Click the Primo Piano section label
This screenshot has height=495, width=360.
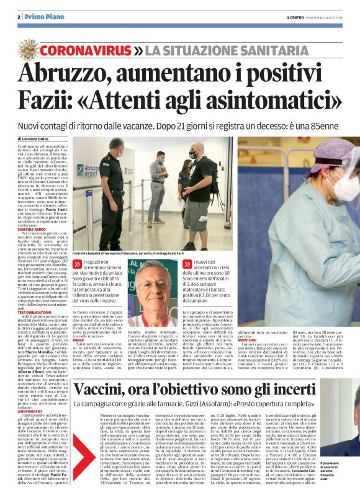pyautogui.click(x=42, y=17)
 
